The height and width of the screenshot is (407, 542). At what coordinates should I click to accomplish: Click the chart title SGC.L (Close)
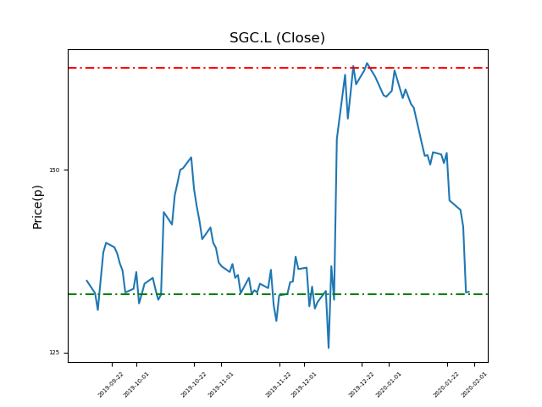pos(277,38)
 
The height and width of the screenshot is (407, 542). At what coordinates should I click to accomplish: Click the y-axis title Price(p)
pos(38,207)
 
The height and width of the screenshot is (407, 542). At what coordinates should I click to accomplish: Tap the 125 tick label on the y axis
pos(54,353)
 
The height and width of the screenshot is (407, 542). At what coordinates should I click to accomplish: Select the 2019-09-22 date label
pos(111,384)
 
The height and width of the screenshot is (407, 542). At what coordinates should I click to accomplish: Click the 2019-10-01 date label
pos(136,384)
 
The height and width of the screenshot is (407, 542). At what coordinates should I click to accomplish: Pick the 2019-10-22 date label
pos(194,384)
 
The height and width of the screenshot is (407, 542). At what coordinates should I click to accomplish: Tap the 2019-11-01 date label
pos(221,384)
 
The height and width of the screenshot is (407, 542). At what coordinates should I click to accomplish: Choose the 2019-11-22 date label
pos(279,384)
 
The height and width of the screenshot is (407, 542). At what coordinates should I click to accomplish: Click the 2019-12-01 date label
pos(304,384)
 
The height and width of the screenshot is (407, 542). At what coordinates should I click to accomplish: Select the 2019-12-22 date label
pos(362,384)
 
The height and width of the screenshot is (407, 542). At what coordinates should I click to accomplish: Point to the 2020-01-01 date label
pos(389,384)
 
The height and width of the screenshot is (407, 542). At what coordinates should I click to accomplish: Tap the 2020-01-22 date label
pos(446,384)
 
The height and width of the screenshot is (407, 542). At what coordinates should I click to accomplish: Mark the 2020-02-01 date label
pos(473,384)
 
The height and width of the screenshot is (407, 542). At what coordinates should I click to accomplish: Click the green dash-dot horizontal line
pos(212,294)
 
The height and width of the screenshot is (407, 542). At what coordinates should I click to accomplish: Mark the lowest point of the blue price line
pos(329,348)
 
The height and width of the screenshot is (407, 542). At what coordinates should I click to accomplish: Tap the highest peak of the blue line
pos(367,63)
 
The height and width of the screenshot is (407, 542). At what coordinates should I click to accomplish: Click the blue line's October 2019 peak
pos(191,157)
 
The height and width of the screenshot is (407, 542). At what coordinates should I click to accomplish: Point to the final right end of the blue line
pos(468,292)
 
